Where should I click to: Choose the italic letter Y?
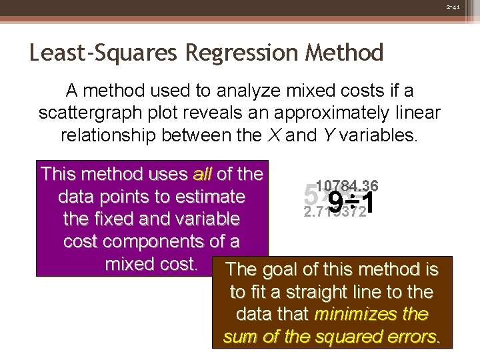(x=328, y=135)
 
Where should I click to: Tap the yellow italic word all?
(x=202, y=175)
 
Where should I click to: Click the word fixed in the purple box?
(x=116, y=219)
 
